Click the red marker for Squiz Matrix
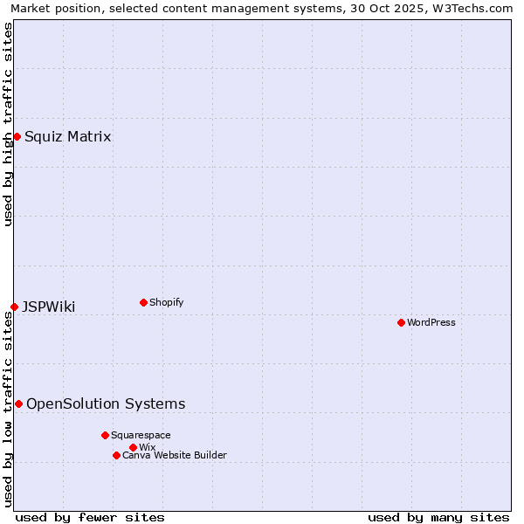[17, 136]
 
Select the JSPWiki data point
[14, 307]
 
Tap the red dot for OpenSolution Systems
[18, 403]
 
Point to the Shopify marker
[143, 302]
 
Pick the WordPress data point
[401, 322]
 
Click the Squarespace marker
[105, 435]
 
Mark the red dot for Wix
[133, 447]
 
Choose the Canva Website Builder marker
[116, 455]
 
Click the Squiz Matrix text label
[67, 136]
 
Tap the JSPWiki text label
[48, 307]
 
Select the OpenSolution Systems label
[106, 403]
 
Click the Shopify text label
[166, 302]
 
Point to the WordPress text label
[431, 322]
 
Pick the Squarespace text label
[141, 435]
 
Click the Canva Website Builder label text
[175, 455]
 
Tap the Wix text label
[148, 447]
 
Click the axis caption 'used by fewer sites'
[90, 517]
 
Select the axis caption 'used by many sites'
[438, 517]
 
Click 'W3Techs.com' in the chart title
[474, 8]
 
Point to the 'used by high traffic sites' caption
[8, 124]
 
